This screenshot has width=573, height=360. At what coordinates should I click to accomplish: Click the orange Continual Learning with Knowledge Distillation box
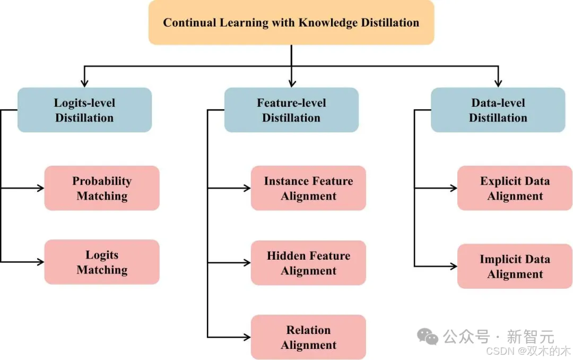(x=291, y=22)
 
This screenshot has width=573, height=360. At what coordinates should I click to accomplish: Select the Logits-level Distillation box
(x=84, y=110)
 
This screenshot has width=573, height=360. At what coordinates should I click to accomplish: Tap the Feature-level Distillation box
(x=291, y=110)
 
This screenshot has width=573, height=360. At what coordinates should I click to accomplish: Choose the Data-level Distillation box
(x=498, y=110)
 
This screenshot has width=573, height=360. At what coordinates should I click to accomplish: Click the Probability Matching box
(x=102, y=188)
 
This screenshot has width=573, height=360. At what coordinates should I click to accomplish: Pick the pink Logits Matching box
(x=102, y=262)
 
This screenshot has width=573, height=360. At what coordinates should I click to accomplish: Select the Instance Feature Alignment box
(x=308, y=188)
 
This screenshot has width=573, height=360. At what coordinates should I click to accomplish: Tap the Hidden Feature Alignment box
(x=308, y=263)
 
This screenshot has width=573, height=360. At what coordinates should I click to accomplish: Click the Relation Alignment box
(x=308, y=337)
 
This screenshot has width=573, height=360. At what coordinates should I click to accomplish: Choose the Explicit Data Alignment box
(x=515, y=188)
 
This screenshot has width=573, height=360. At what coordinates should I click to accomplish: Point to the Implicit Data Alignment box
(x=515, y=267)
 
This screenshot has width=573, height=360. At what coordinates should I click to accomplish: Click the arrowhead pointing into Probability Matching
(x=40, y=188)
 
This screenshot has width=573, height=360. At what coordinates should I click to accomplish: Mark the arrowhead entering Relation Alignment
(x=247, y=337)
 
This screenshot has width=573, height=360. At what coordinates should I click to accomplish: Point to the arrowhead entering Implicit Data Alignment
(x=453, y=266)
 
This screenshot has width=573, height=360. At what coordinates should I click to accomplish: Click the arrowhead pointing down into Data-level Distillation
(x=498, y=83)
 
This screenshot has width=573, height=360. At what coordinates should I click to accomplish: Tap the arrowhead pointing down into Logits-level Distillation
(x=84, y=83)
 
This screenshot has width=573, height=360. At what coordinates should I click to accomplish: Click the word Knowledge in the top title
(x=328, y=23)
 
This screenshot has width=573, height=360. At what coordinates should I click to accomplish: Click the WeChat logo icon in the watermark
(x=428, y=336)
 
